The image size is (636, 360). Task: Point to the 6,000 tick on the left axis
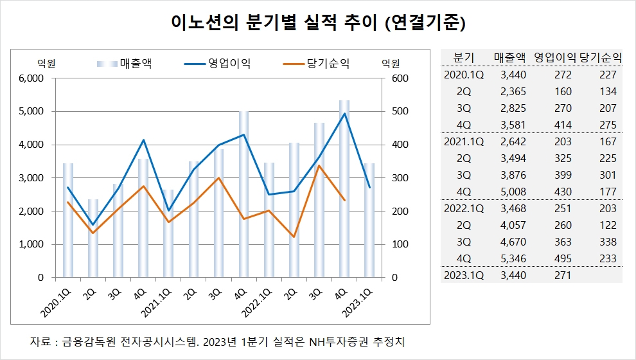click(30, 78)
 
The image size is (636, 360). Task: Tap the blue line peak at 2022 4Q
click(344, 114)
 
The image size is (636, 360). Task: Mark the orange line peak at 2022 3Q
click(319, 166)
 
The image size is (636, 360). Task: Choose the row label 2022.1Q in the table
click(463, 208)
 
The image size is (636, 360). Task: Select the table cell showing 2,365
click(513, 91)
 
